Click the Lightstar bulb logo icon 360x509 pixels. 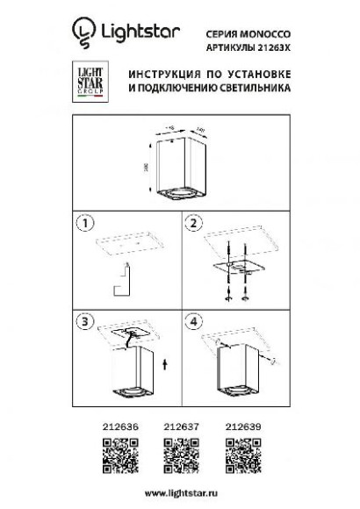click(x=83, y=32)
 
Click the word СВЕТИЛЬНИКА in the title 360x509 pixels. click(x=257, y=89)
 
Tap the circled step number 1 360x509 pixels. click(x=85, y=223)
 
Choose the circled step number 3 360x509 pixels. click(x=85, y=321)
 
